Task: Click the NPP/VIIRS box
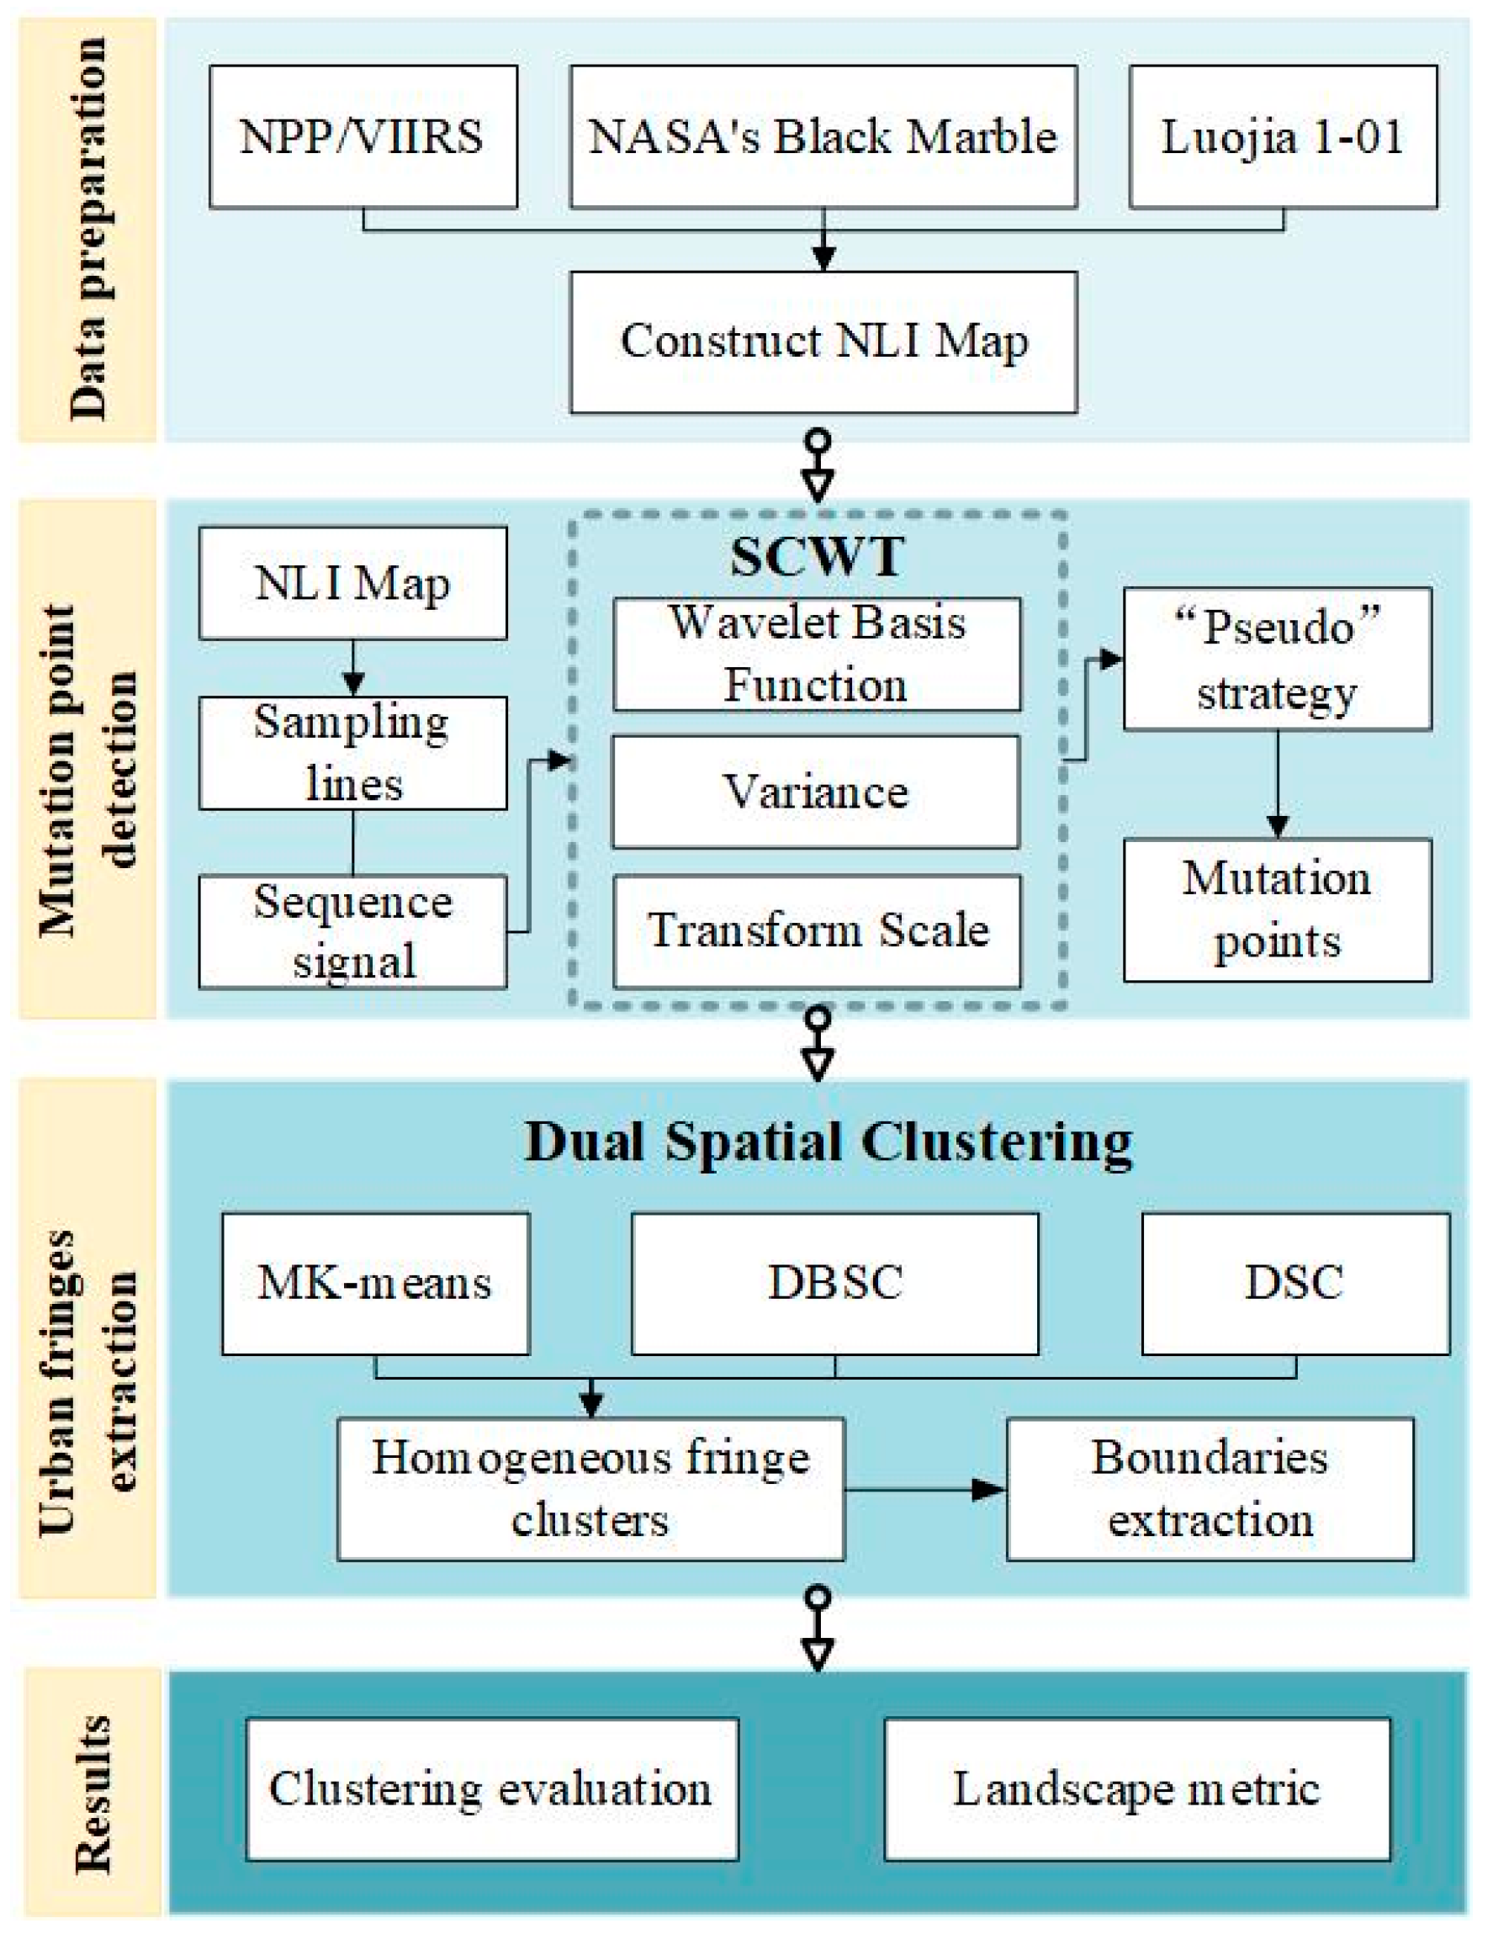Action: coord(363,137)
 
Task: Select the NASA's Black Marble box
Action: coord(823,137)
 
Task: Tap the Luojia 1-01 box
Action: coord(1282,137)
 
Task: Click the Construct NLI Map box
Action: coord(823,342)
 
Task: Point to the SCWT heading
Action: coord(817,557)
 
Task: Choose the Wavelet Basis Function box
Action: coord(817,654)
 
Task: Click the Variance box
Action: coord(816,792)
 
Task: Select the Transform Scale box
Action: coord(817,931)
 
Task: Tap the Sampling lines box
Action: coord(352,754)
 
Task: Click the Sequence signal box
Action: coord(352,931)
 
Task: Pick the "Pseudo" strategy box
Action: coord(1277,659)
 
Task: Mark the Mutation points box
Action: coord(1277,910)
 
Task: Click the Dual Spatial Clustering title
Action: coord(828,1142)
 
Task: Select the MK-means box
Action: coord(375,1284)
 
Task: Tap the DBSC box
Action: coord(834,1284)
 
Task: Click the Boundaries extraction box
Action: coord(1210,1490)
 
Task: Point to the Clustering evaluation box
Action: coord(492,1788)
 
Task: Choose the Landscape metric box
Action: coord(1136,1788)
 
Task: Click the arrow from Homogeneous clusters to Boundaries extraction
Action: coord(924,1490)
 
